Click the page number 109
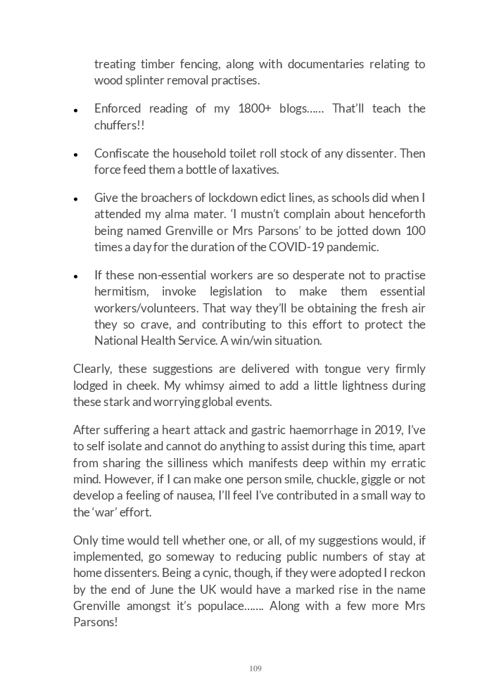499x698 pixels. point(255,668)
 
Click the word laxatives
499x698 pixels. point(254,170)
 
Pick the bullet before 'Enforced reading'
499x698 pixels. point(75,110)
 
